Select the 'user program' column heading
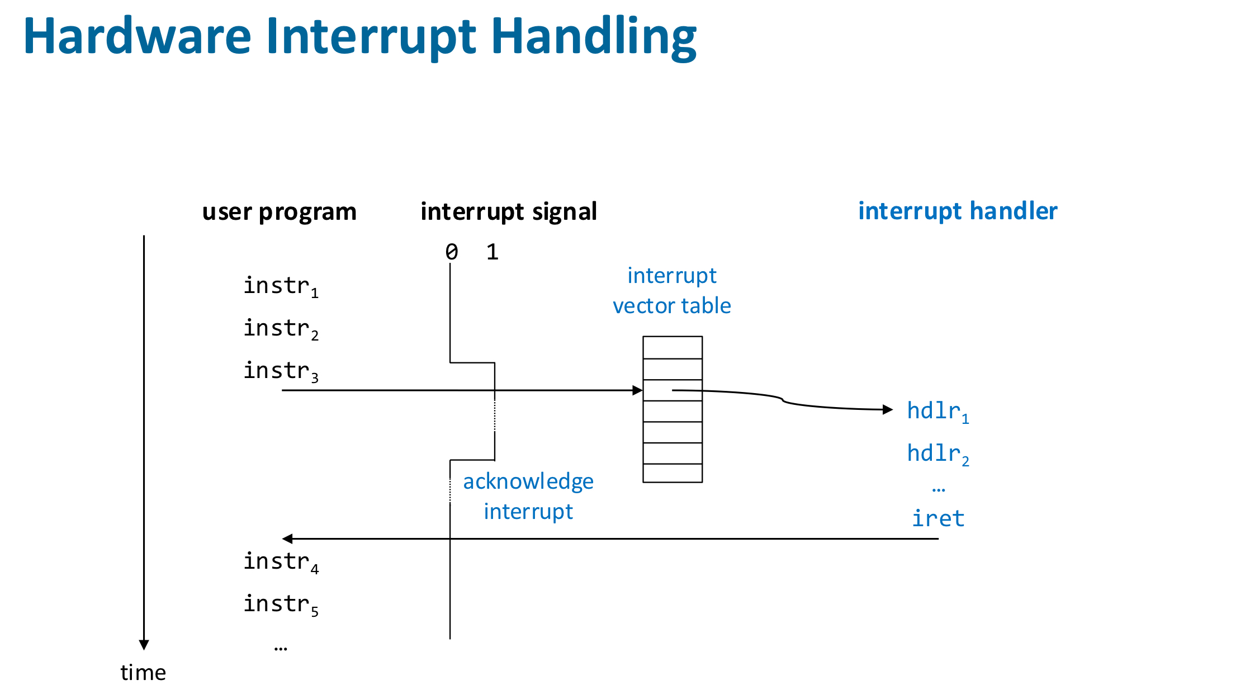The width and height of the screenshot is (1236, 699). (280, 212)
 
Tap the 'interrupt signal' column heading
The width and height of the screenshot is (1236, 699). (509, 212)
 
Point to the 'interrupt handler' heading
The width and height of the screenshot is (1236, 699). (958, 211)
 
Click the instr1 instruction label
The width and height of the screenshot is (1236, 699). (281, 286)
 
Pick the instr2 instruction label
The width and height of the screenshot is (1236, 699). (281, 329)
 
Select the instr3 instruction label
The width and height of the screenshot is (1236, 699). (281, 371)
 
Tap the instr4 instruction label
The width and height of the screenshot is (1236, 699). (281, 562)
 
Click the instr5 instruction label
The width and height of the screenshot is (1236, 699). (281, 604)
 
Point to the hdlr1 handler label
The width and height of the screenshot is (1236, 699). (938, 412)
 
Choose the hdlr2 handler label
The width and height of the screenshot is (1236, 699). (938, 454)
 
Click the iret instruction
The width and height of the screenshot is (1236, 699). (938, 518)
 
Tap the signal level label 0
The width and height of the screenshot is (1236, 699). (452, 252)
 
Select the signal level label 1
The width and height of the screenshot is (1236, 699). (492, 252)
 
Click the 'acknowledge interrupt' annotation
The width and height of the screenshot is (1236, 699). (528, 497)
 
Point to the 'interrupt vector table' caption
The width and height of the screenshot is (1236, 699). (672, 291)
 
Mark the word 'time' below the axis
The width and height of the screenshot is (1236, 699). (143, 673)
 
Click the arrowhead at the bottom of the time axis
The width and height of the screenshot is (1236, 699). (144, 645)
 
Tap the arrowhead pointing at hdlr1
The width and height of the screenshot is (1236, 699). (888, 410)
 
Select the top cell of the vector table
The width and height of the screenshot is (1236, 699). (673, 347)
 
